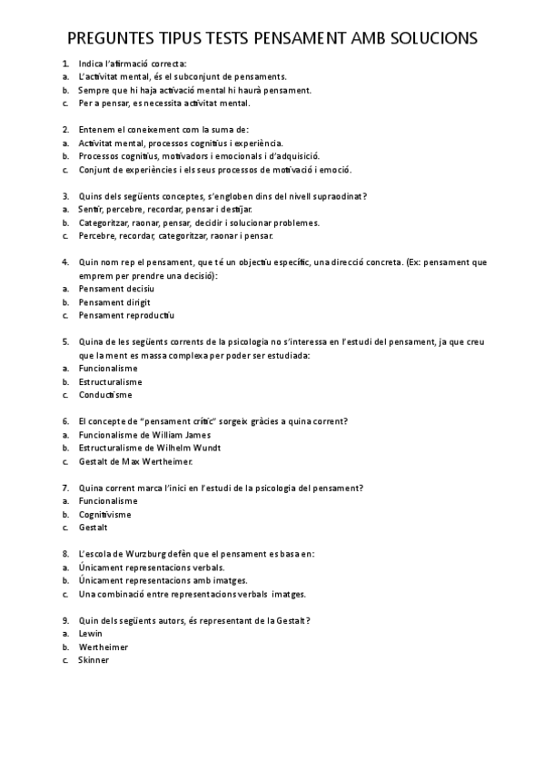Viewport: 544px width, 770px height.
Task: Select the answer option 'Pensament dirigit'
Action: coord(114,301)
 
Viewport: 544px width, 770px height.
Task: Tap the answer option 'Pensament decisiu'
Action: coord(116,288)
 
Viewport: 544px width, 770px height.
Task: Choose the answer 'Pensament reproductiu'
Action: coord(126,315)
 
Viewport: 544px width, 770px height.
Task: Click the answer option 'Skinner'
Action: coord(94,660)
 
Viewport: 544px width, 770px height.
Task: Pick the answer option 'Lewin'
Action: coord(91,633)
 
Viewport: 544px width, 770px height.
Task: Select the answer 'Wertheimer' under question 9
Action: coord(104,647)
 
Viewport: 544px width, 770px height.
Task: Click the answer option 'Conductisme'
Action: coord(105,395)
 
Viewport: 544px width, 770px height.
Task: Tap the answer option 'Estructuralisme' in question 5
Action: coord(111,381)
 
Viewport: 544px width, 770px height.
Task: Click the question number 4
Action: coord(65,262)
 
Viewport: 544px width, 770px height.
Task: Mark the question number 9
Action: coord(65,620)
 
